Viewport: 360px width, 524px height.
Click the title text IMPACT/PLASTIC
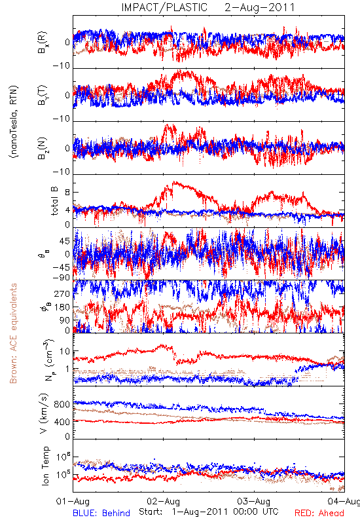click(x=164, y=7)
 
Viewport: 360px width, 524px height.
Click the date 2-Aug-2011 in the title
click(x=260, y=7)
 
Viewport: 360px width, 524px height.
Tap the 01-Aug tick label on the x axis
click(x=73, y=501)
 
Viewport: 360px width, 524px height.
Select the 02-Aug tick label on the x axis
click(x=163, y=501)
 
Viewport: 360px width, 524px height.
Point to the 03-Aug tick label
click(x=254, y=501)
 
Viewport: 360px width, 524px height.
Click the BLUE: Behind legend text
click(x=101, y=513)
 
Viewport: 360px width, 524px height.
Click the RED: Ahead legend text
click(x=319, y=513)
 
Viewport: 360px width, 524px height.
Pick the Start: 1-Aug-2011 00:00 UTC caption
click(x=208, y=512)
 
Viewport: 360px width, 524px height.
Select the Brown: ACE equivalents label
click(x=13, y=333)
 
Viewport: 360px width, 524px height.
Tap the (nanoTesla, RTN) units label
click(x=14, y=121)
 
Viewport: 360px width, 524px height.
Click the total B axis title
click(x=54, y=201)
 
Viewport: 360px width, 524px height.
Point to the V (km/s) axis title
click(x=45, y=413)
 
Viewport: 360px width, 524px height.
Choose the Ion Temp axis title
click(x=45, y=466)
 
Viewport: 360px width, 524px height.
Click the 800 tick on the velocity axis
click(x=62, y=404)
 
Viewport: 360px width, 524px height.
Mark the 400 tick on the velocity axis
click(x=62, y=422)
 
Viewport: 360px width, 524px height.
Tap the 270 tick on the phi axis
click(x=62, y=293)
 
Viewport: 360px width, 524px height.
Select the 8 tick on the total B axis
click(x=67, y=193)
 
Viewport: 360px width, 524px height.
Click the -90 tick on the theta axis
click(x=62, y=278)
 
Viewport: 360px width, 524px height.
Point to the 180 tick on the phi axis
click(x=62, y=307)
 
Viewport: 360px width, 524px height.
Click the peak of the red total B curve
click(x=173, y=182)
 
